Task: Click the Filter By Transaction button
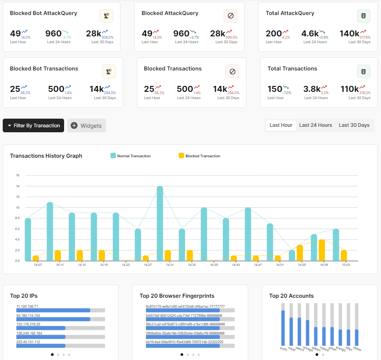(33, 125)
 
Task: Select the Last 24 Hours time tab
(316, 125)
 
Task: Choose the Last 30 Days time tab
(354, 125)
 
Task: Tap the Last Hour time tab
(281, 125)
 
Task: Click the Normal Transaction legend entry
(131, 156)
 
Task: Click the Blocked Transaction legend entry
(200, 156)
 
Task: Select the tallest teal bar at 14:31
(160, 223)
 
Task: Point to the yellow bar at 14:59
(322, 250)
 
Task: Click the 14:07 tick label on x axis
(38, 265)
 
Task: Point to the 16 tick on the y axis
(18, 175)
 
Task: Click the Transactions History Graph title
(46, 156)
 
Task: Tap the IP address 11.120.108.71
(27, 306)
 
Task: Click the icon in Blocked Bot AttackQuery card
(106, 16)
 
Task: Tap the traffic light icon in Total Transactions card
(364, 71)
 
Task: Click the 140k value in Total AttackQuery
(349, 33)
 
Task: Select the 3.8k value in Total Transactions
(311, 89)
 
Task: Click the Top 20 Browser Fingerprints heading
(177, 296)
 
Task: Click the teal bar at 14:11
(50, 231)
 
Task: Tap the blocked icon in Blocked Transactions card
(232, 71)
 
